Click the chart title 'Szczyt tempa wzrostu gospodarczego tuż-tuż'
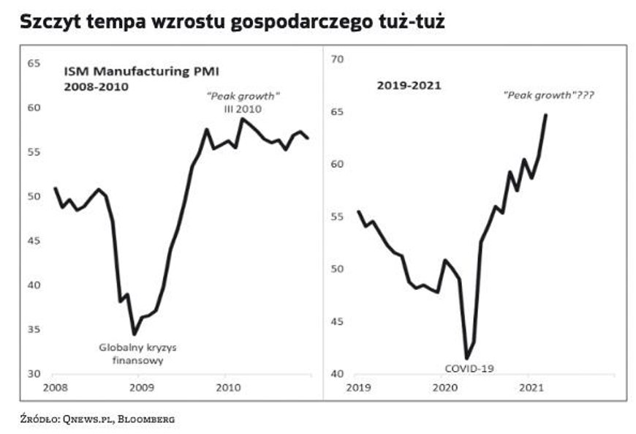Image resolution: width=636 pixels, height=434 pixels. (232, 22)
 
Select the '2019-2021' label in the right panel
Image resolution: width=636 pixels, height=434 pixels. (409, 86)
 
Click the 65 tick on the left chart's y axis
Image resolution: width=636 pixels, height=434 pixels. (34, 64)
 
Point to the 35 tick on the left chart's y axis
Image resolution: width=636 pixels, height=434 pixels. (34, 329)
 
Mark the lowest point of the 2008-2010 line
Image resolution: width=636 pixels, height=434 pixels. (134, 334)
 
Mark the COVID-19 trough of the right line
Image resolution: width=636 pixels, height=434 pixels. (467, 358)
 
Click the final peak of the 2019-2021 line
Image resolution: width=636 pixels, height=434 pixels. (546, 115)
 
